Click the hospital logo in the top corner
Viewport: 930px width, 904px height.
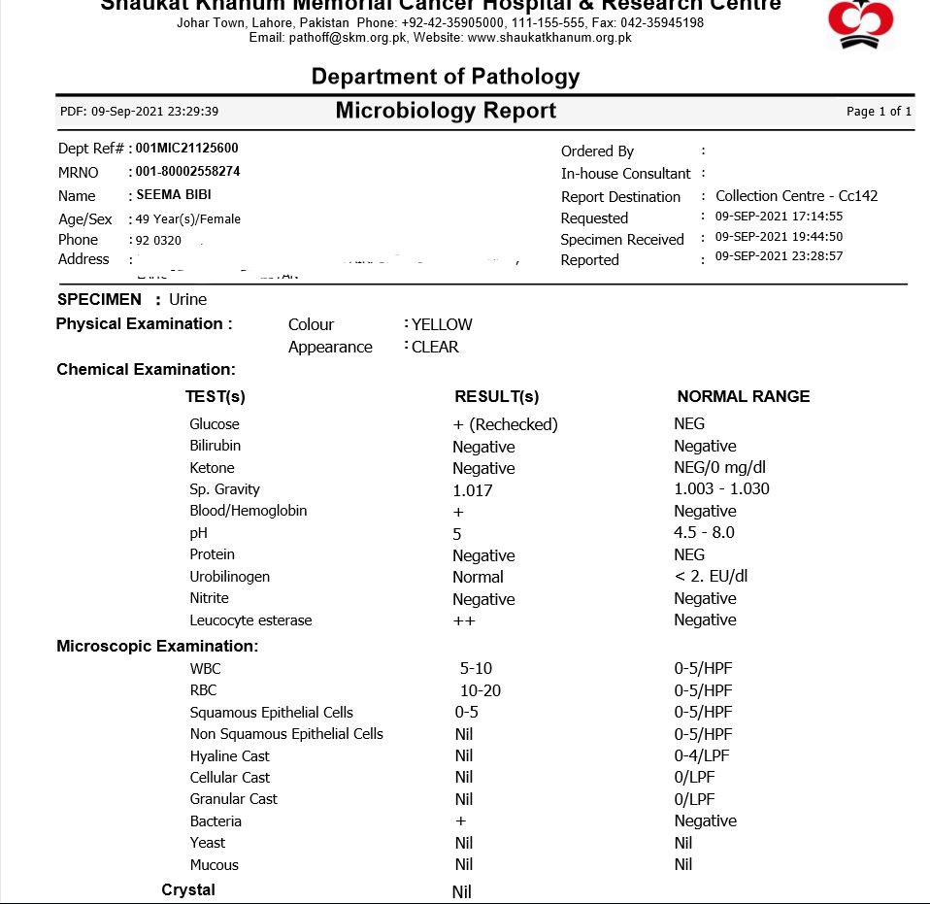pyautogui.click(x=860, y=24)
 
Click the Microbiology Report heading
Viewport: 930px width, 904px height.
pyautogui.click(x=446, y=111)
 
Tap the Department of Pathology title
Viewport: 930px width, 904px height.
pyautogui.click(x=446, y=77)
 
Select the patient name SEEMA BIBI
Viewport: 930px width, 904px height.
pyautogui.click(x=174, y=195)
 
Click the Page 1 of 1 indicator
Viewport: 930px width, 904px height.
pyautogui.click(x=879, y=112)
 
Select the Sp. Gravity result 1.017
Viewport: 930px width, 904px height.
pyautogui.click(x=473, y=490)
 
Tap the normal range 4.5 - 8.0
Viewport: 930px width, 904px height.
pyautogui.click(x=704, y=532)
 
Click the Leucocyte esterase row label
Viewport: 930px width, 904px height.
pyautogui.click(x=250, y=620)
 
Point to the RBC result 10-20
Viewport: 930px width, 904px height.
pyautogui.click(x=481, y=690)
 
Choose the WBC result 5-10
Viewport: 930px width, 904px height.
pyautogui.click(x=476, y=668)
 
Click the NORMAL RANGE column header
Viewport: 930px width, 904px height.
pyautogui.click(x=743, y=396)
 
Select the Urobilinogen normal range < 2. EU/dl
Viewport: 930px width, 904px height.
pyautogui.click(x=711, y=576)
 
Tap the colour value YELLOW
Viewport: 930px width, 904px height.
pyautogui.click(x=442, y=324)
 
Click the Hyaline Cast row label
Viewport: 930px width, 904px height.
pyautogui.click(x=229, y=756)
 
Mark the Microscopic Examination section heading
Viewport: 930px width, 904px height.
pyautogui.click(x=157, y=646)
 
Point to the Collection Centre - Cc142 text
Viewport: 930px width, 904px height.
pyautogui.click(x=796, y=196)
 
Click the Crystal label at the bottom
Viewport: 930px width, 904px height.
pyautogui.click(x=188, y=890)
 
